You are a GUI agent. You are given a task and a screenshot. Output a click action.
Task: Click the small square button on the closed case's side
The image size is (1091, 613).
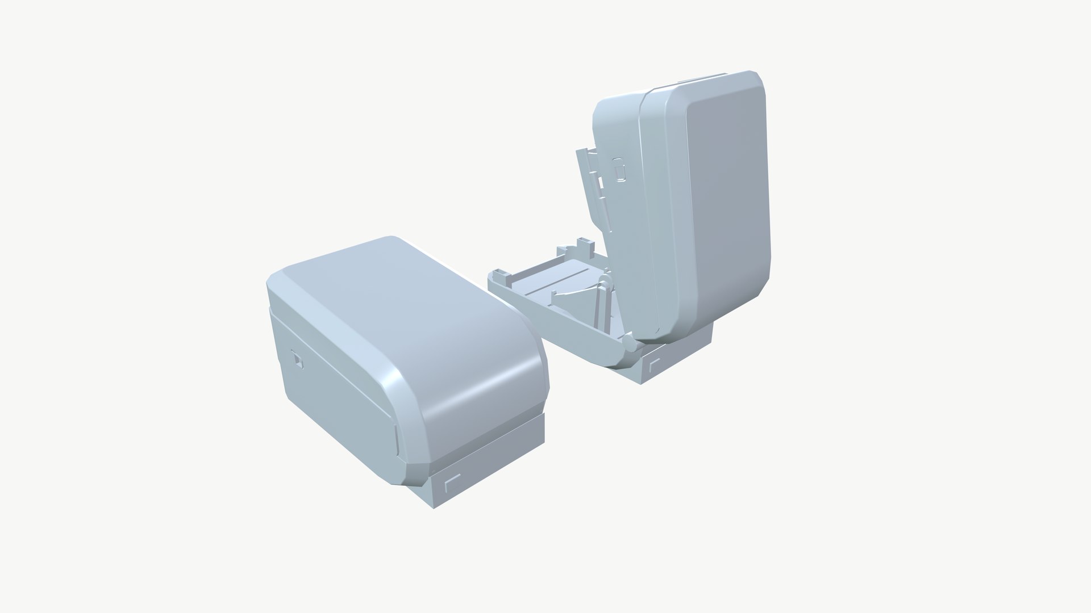pos(297,360)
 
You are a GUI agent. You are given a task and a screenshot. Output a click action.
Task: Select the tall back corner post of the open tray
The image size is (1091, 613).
pos(583,247)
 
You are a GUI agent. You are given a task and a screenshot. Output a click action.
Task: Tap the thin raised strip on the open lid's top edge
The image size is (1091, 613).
pos(705,77)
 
